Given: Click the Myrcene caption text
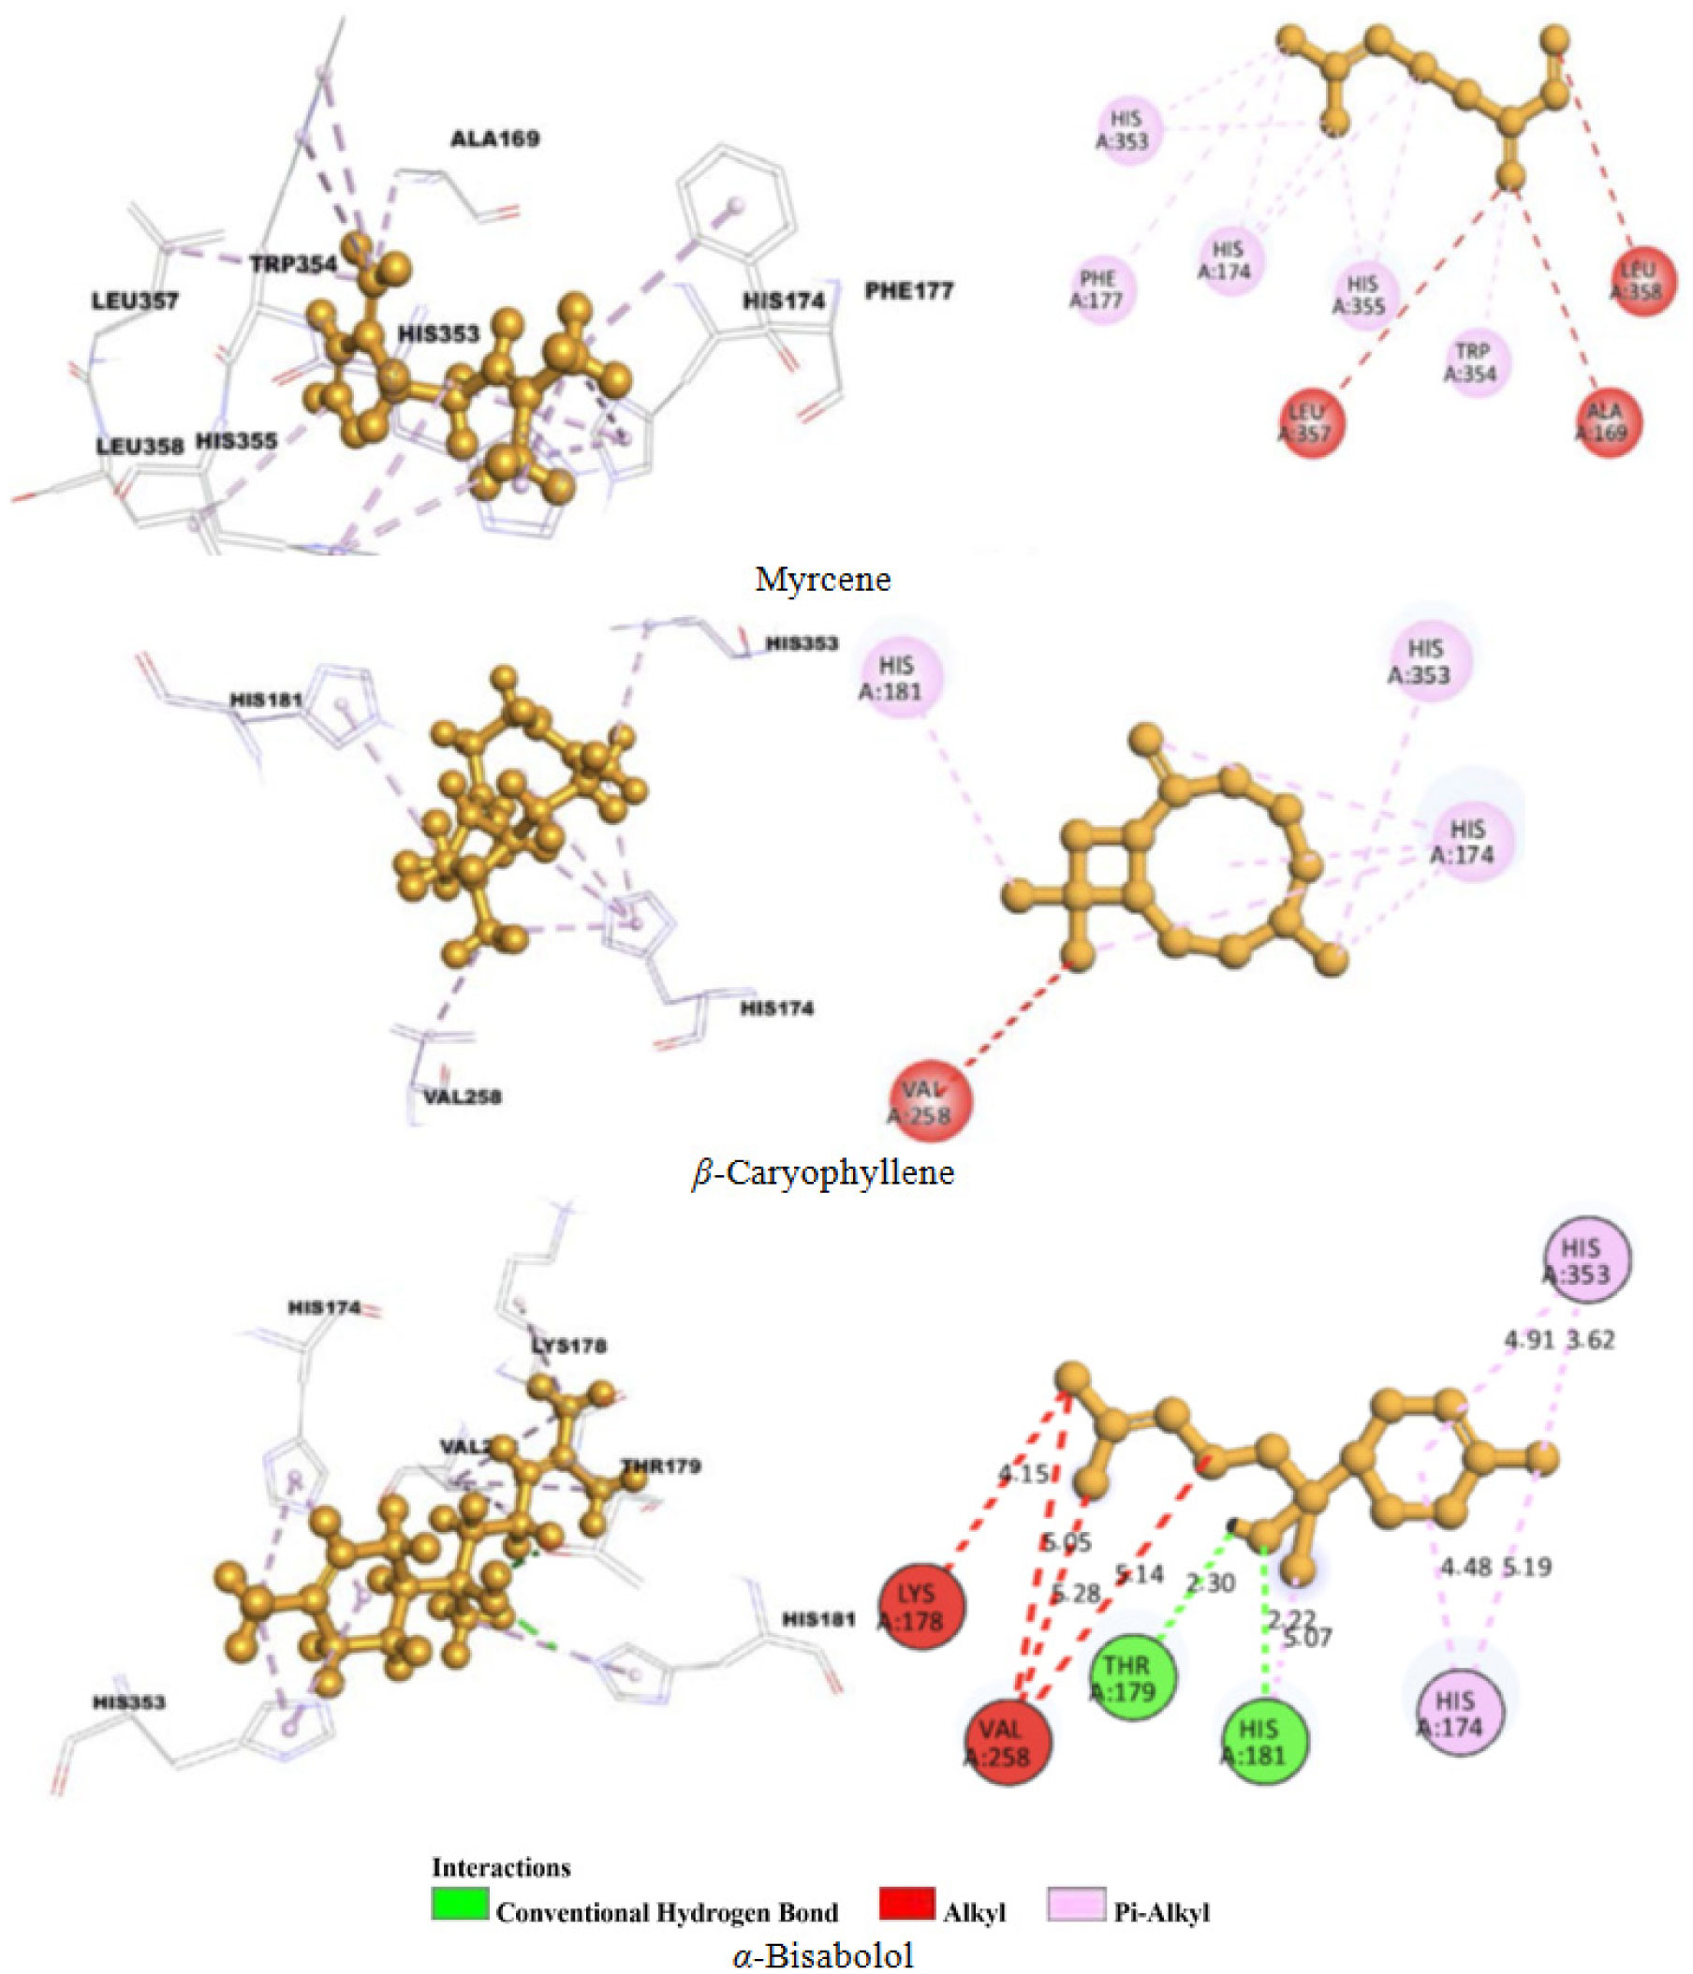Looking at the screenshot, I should click(x=822, y=580).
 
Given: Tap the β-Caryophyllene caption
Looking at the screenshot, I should click(x=822, y=1171).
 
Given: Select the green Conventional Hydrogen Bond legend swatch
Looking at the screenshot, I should click(x=460, y=1903).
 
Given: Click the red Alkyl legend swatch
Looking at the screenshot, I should click(x=906, y=1903).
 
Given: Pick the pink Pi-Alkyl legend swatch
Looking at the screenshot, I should click(x=1077, y=1903).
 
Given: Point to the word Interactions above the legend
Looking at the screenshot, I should click(x=501, y=1866).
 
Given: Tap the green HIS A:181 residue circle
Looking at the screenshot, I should click(x=1265, y=1742).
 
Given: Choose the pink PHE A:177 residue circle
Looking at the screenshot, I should click(x=1102, y=289).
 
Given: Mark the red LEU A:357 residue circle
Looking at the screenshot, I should click(x=1312, y=423).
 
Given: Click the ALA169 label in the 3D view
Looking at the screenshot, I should click(x=494, y=140).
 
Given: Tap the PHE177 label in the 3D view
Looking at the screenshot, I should click(x=908, y=290).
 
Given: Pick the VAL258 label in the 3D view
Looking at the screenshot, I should click(x=462, y=1097).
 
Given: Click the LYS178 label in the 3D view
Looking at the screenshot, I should click(x=568, y=1346).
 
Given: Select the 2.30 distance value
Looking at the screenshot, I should click(x=1210, y=1583).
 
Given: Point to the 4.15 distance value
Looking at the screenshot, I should click(x=1023, y=1475).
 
